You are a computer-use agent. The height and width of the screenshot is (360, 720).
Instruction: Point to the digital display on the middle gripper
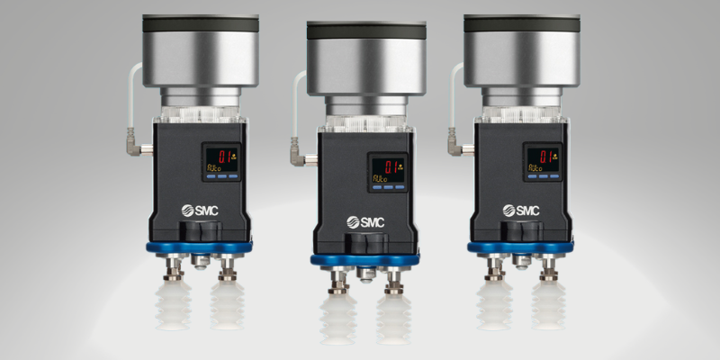coord(387,171)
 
